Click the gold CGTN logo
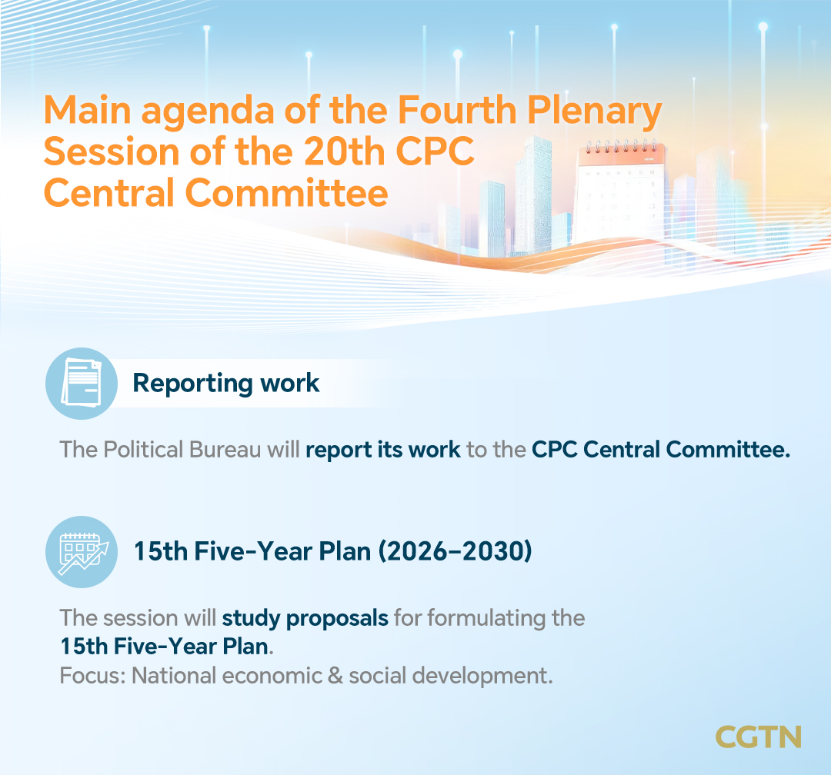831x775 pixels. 758,736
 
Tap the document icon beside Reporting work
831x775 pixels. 82,382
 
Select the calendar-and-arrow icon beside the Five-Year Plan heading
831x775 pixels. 82,551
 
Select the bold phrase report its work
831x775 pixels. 382,449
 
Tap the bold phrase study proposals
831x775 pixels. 305,618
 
